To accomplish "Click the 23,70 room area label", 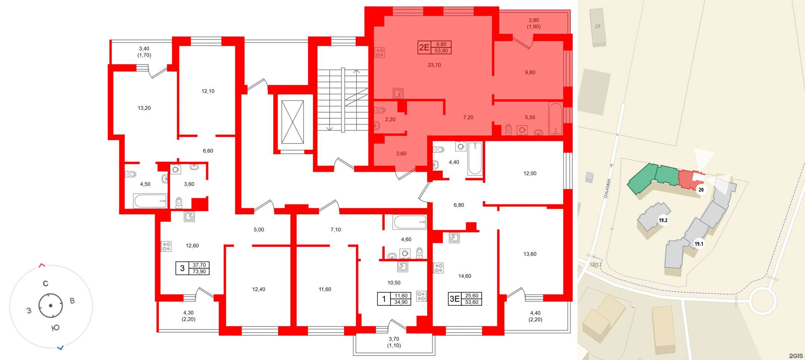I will point(434,65).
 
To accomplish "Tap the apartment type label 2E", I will point(424,47).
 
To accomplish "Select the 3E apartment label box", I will point(465,299).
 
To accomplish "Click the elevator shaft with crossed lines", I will point(292,122).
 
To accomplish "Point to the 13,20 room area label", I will point(144,108).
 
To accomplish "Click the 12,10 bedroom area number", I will point(208,91).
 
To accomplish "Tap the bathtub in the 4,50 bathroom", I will point(150,201).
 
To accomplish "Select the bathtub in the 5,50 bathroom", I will point(555,119).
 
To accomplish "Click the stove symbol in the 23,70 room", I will point(380,53).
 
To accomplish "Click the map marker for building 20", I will point(701,190).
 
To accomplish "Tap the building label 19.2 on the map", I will point(663,220).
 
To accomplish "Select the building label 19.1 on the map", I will point(699,244).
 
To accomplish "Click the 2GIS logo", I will point(796,356).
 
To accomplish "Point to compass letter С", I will point(45,284).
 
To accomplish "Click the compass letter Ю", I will point(55,328).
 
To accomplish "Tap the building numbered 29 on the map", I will point(597,27).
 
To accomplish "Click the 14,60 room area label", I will point(465,276).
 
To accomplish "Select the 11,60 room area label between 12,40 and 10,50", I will point(325,289).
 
